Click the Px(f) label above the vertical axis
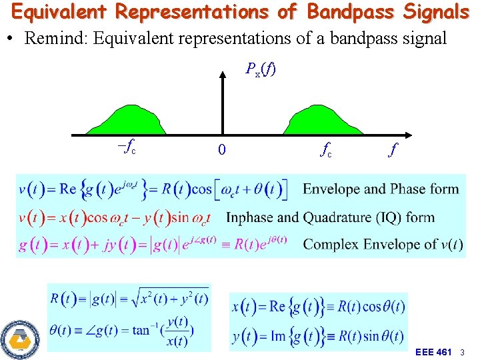click(261, 69)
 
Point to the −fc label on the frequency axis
click(126, 148)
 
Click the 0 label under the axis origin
click(222, 151)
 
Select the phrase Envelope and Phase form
click(381, 189)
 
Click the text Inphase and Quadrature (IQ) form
click(330, 217)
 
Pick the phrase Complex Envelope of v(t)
click(383, 244)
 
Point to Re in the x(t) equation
click(278, 307)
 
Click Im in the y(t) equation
click(278, 336)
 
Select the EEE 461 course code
click(433, 351)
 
